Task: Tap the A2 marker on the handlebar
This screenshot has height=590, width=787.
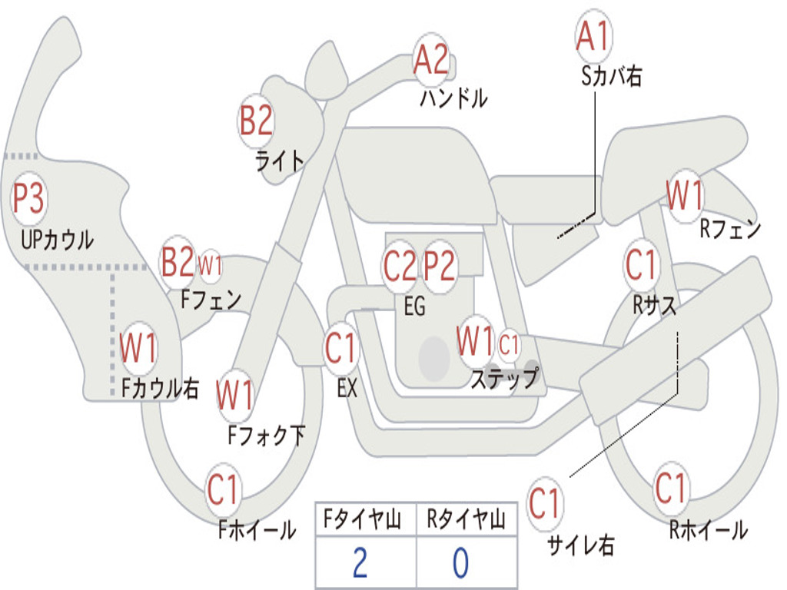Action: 431,59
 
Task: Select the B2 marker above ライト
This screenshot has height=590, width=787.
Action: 257,121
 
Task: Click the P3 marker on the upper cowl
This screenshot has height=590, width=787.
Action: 29,197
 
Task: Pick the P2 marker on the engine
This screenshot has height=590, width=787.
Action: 439,265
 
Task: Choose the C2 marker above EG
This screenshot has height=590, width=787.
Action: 400,265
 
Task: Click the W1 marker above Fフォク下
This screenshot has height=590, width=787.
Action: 235,395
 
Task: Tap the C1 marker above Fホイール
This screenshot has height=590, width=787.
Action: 223,489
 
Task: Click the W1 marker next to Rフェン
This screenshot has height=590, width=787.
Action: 685,194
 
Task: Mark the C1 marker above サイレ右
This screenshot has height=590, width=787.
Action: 544,503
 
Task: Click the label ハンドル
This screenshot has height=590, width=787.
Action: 453,98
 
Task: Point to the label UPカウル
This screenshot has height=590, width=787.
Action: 57,240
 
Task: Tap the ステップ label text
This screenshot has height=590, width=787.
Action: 505,378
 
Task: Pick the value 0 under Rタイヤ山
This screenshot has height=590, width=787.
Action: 461,563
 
